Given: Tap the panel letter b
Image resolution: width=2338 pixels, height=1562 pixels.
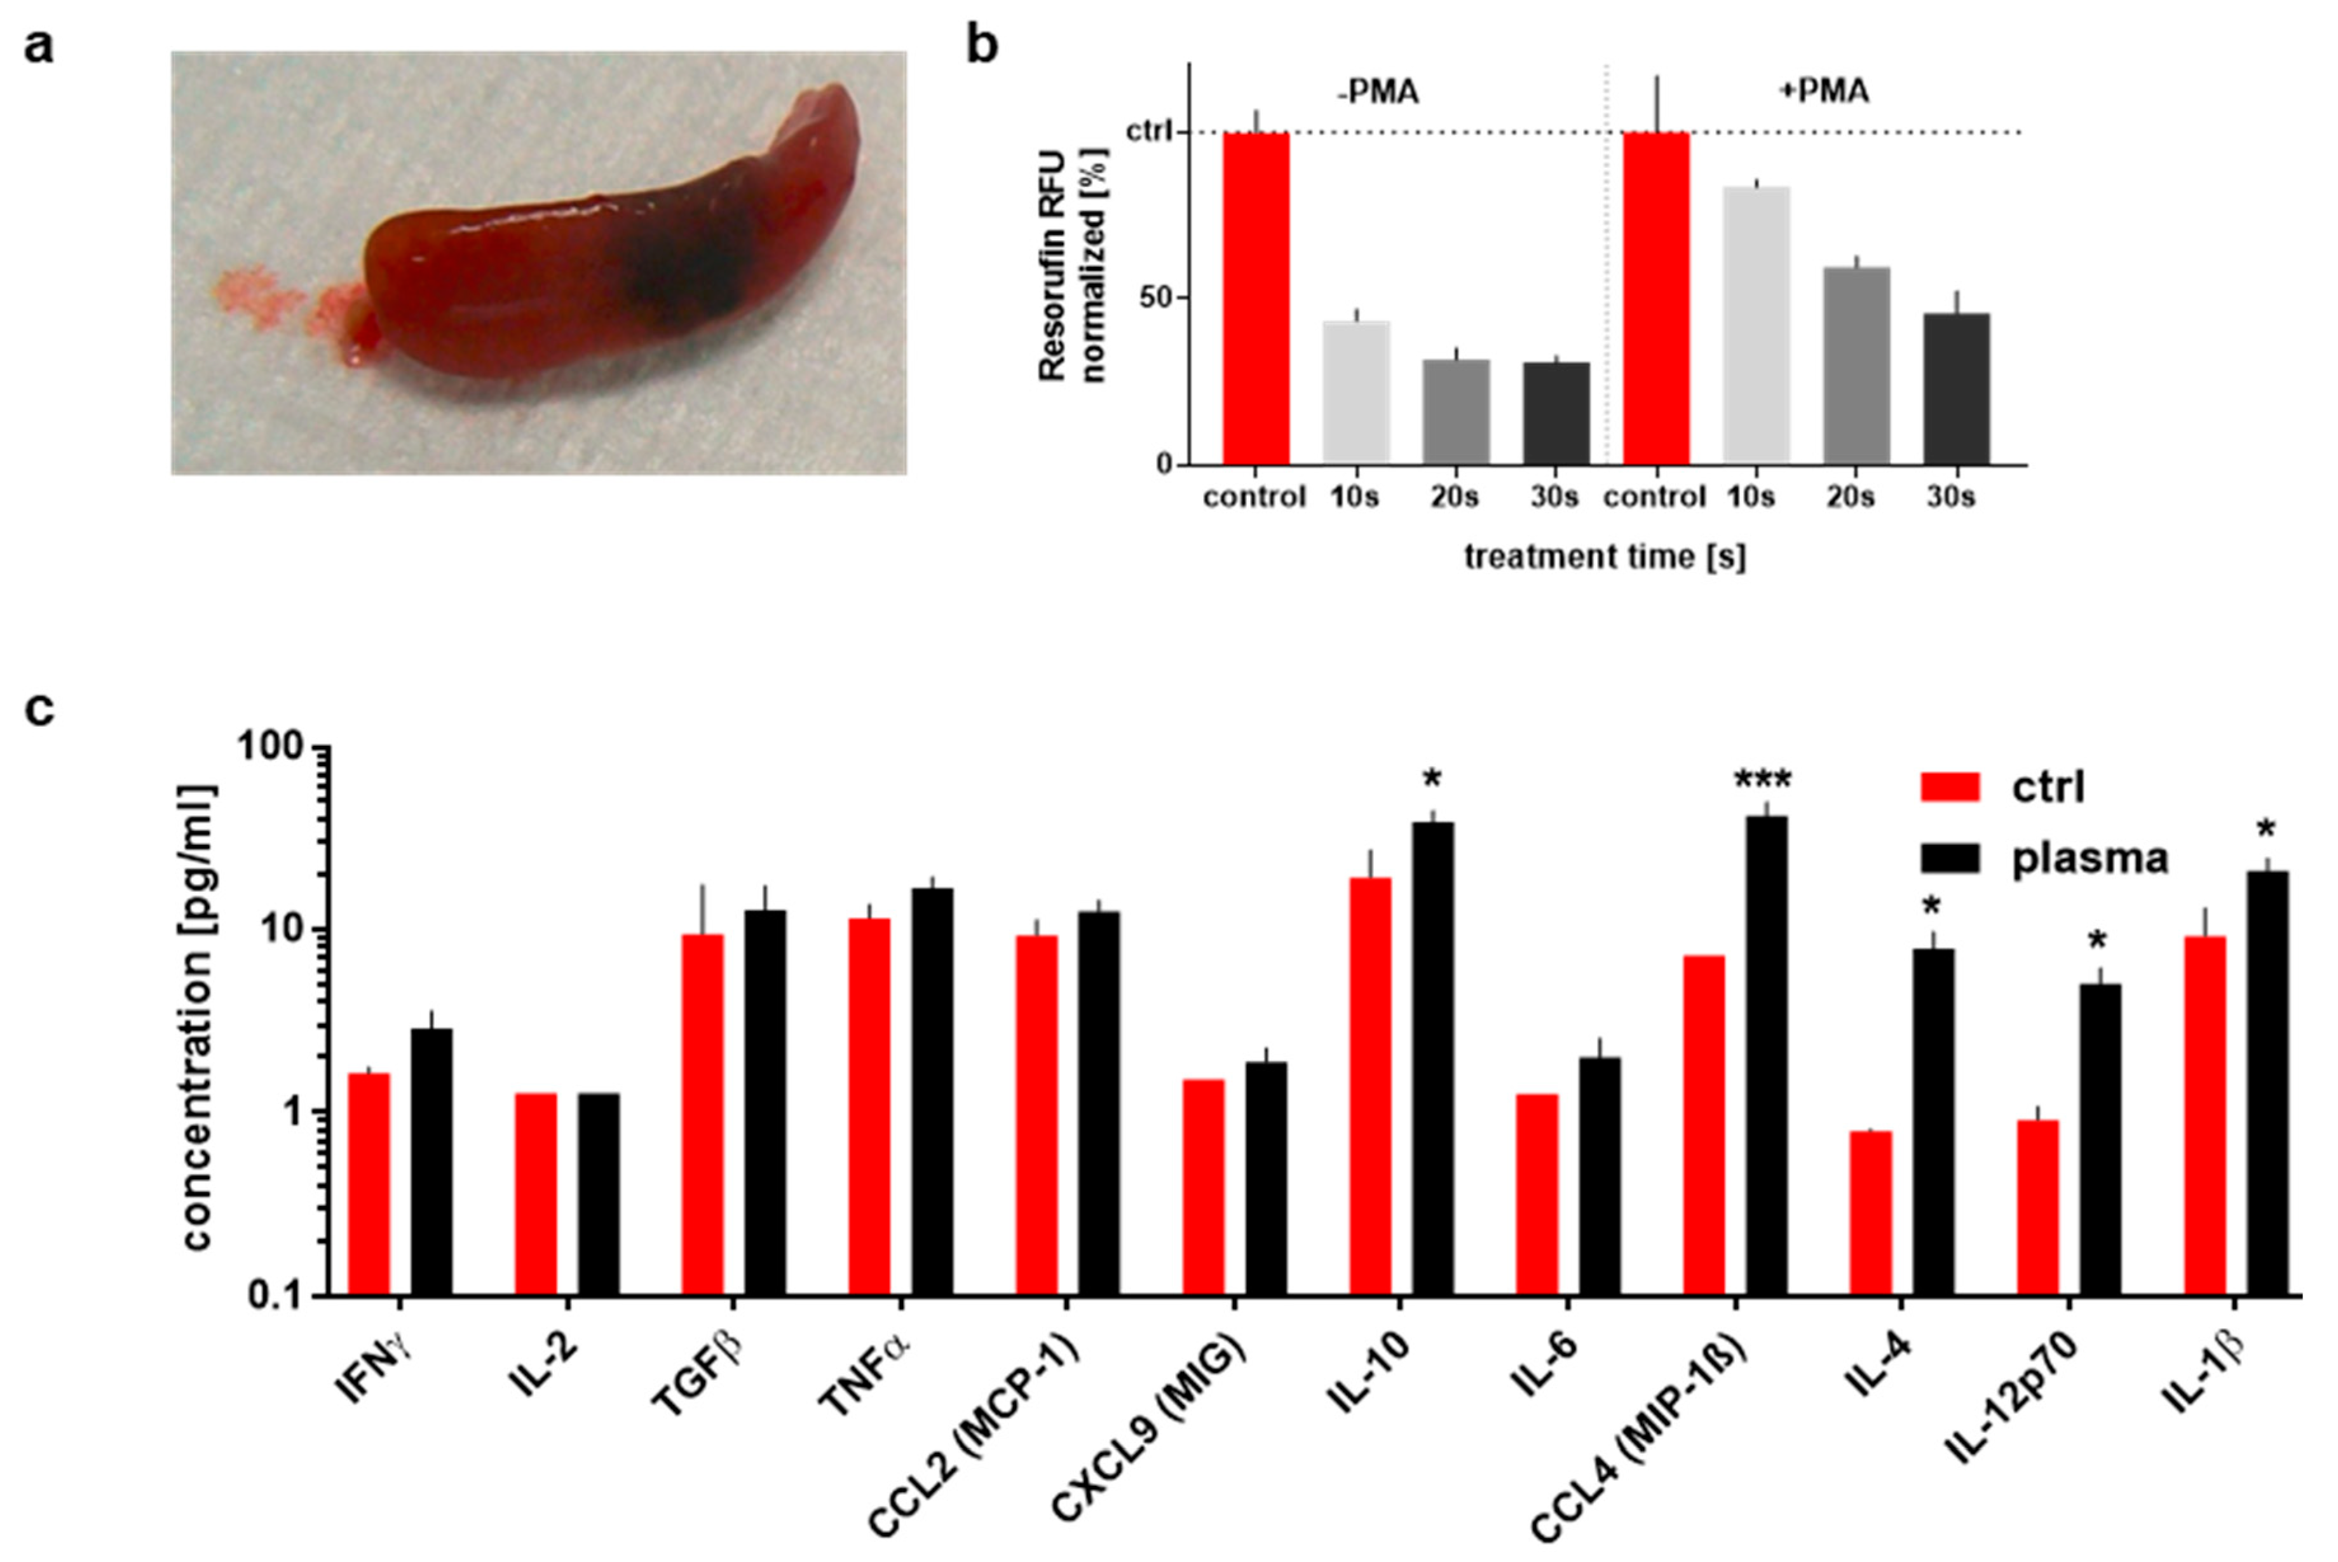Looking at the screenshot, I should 982,47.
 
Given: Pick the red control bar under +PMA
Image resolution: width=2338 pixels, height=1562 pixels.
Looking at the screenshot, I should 1655,299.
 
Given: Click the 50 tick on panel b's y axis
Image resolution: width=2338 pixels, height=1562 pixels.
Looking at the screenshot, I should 1157,299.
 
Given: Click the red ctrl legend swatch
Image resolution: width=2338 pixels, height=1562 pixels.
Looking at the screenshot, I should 1950,787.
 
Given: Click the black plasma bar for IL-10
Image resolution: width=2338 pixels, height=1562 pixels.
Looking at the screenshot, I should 1432,1056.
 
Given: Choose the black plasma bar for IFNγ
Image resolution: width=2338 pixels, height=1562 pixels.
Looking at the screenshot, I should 431,1161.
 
